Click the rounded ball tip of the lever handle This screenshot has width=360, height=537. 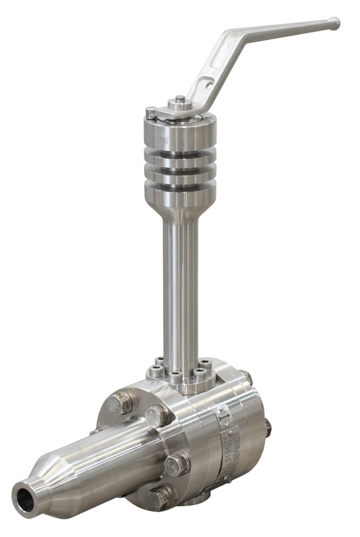coord(333,23)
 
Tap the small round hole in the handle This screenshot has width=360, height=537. coord(208,83)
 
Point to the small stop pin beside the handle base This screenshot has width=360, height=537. coord(151,111)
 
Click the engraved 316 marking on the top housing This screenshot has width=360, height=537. coord(167,139)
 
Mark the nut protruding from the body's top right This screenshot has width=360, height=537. coord(244,377)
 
